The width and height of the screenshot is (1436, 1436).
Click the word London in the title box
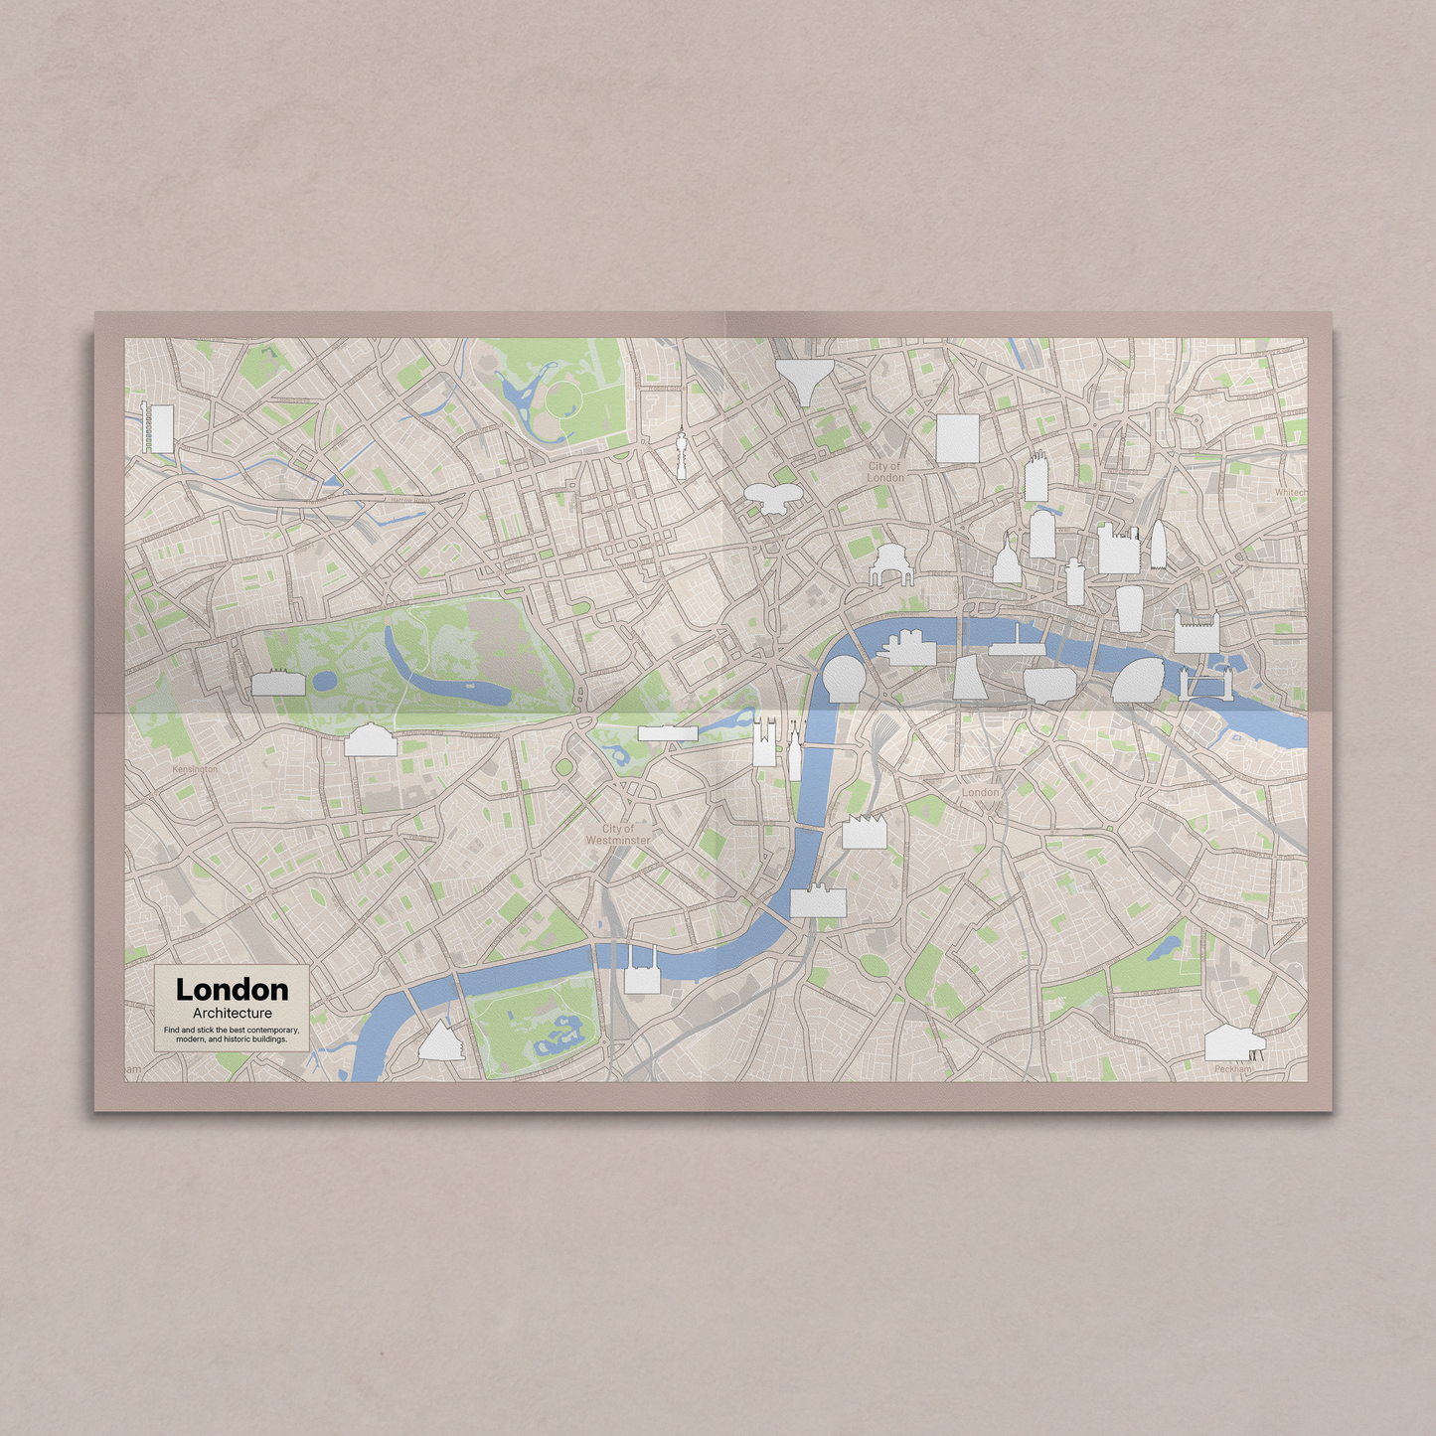[x=232, y=990]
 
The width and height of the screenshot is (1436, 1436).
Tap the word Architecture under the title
[x=233, y=1013]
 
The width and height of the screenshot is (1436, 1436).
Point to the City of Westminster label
[x=618, y=835]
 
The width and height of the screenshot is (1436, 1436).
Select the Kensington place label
[x=195, y=769]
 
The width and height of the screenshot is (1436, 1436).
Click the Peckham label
[x=1232, y=1069]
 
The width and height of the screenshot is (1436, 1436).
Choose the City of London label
[x=884, y=471]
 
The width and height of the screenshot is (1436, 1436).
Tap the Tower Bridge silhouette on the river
[x=1206, y=685]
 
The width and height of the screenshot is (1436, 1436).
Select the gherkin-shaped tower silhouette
[x=1158, y=546]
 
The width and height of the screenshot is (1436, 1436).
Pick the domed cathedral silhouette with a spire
[x=1007, y=560]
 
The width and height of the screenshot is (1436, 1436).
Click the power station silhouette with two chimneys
[x=641, y=973]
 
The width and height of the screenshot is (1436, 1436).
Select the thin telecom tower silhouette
[x=682, y=454]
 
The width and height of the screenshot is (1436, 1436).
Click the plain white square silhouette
[x=957, y=438]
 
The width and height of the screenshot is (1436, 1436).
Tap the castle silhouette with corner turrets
[x=1196, y=632]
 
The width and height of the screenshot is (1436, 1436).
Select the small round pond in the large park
[x=324, y=682]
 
